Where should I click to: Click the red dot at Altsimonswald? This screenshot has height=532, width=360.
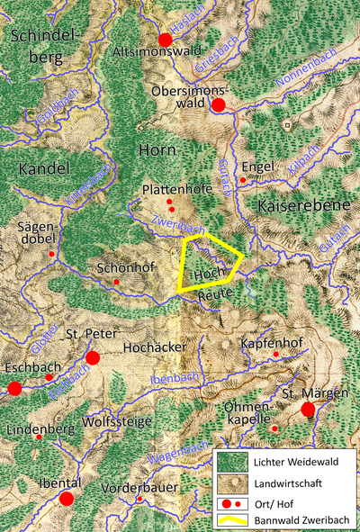tap(165, 40)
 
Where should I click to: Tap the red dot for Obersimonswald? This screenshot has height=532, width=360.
tap(218, 105)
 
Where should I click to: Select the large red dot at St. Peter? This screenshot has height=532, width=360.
tap(92, 358)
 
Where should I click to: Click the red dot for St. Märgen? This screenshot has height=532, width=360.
tap(308, 410)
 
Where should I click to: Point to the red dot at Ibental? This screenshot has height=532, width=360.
tap(66, 499)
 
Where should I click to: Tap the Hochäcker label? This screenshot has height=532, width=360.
tap(156, 347)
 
